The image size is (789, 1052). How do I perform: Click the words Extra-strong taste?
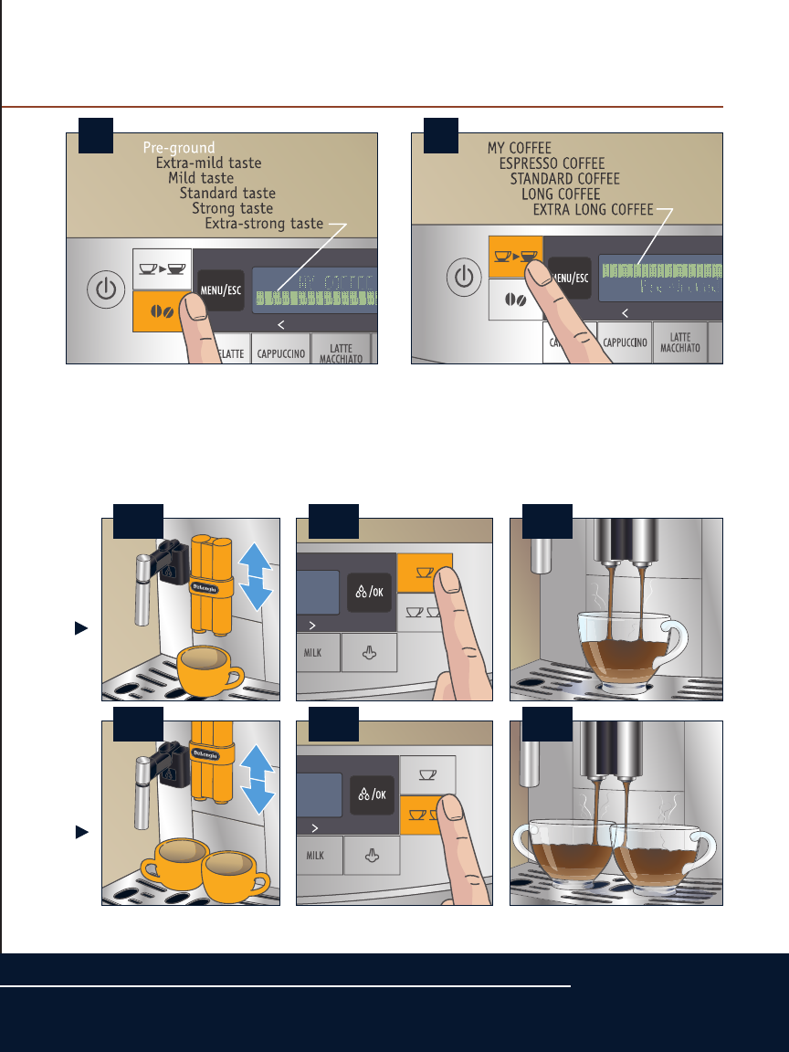(x=264, y=224)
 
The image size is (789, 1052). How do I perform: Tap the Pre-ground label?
(x=179, y=147)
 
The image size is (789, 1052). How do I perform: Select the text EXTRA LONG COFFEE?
(x=594, y=210)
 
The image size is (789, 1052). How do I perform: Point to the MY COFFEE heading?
(x=520, y=147)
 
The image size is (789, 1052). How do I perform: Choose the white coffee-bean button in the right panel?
(x=516, y=299)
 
